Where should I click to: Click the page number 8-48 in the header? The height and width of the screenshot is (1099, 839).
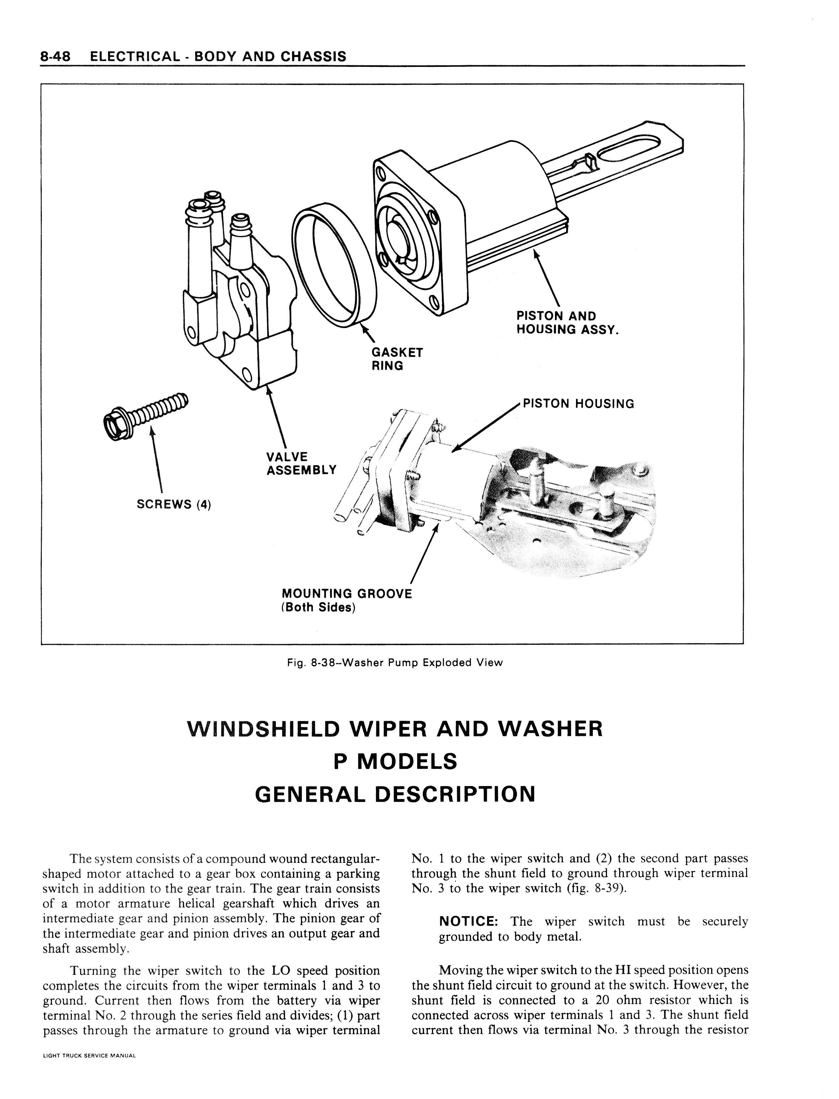[56, 56]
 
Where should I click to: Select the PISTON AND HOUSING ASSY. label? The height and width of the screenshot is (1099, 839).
[567, 323]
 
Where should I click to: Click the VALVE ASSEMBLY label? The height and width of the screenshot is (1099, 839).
[301, 464]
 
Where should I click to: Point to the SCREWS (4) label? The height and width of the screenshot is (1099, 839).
[174, 504]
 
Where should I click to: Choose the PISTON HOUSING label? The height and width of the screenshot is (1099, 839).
[578, 404]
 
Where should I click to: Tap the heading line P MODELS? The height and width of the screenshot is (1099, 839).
[394, 761]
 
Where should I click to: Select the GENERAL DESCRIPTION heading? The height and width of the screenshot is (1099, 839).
[394, 794]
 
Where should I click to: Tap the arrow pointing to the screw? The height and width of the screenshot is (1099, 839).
[157, 459]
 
